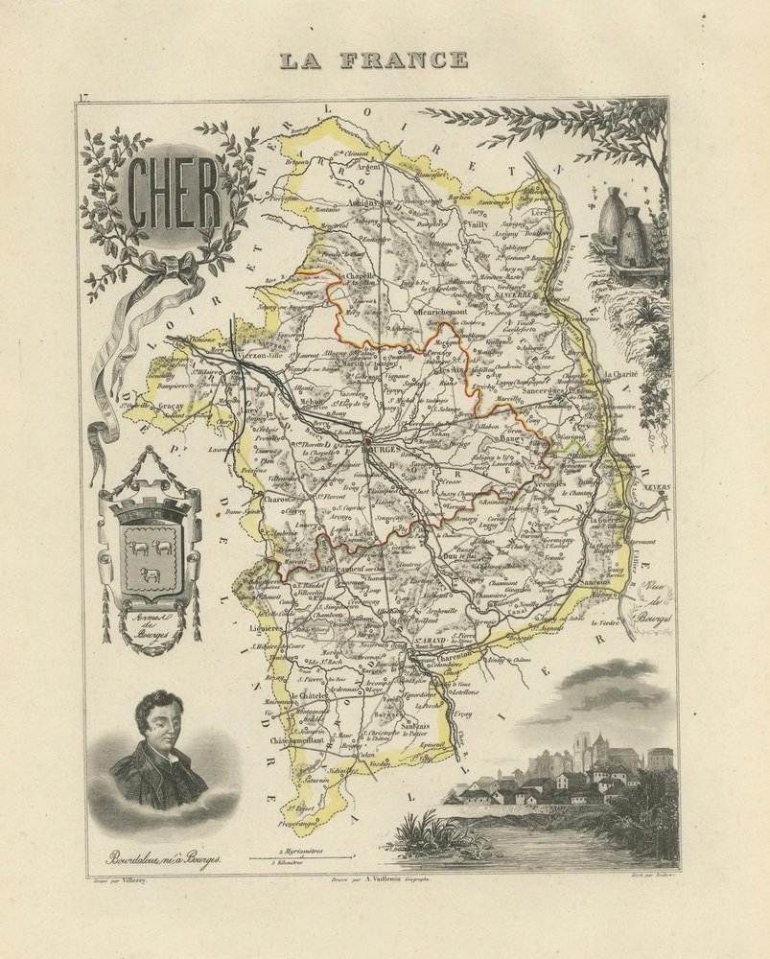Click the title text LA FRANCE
click(373, 60)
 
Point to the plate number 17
click(82, 97)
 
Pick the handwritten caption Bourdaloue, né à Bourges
click(152, 860)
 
